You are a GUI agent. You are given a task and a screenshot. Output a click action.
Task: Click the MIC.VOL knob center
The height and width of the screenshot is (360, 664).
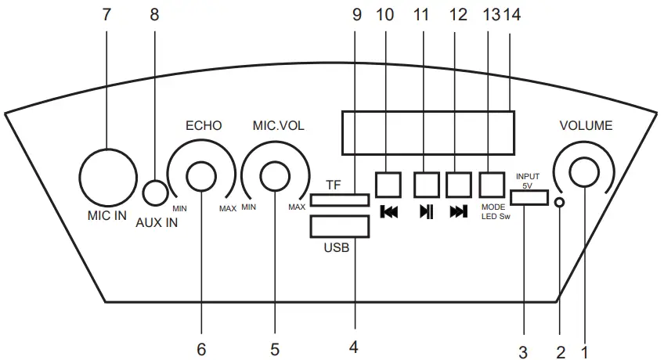click(275, 175)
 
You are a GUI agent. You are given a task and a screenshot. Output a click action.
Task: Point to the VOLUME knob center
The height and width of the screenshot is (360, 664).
click(583, 173)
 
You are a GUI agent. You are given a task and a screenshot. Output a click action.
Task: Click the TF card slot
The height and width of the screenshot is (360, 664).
click(340, 200)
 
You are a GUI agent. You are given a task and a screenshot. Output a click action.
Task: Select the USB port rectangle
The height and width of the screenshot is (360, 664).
click(340, 225)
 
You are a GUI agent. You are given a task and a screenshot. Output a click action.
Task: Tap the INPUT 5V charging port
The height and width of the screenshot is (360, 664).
click(529, 196)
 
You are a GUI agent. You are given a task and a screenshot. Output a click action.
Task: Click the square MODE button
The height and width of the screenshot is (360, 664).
click(491, 184)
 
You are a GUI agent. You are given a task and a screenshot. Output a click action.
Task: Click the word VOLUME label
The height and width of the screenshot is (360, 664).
click(586, 125)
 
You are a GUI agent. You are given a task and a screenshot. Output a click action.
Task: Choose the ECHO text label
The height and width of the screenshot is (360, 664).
click(204, 125)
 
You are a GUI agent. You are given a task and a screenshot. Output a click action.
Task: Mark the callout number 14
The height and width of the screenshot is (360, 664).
click(510, 16)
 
